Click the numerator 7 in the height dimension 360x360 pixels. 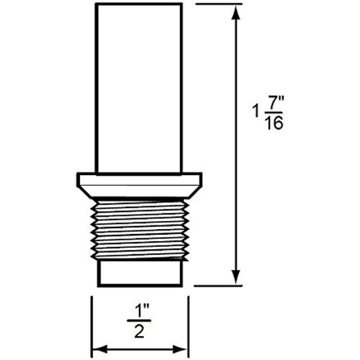coord(271,104)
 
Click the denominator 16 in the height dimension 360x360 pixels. coord(274,123)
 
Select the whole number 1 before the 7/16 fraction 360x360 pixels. coord(256,112)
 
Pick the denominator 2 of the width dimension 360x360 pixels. coord(139,331)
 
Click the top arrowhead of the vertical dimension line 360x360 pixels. coord(236,13)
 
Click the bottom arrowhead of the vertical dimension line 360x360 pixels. coord(235,276)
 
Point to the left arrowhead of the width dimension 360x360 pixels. coord(99,349)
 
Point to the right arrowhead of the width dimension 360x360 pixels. coord(180,349)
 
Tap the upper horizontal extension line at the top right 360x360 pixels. coord(219,4)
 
